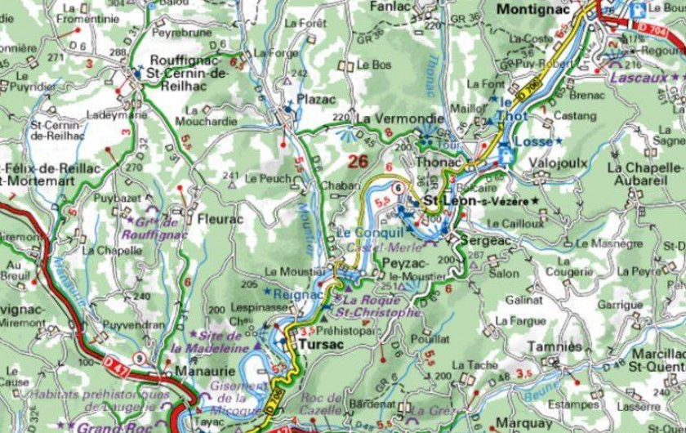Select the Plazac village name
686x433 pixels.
coord(316,99)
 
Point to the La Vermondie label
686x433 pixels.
coord(390,118)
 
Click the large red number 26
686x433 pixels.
coord(358,161)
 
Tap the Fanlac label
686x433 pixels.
coord(390,6)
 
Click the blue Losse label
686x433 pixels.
coord(536,141)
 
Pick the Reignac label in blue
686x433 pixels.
coord(299,293)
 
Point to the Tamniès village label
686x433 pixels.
coord(555,346)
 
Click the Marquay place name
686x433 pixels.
coord(523,423)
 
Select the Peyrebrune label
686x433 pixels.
coord(181,33)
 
